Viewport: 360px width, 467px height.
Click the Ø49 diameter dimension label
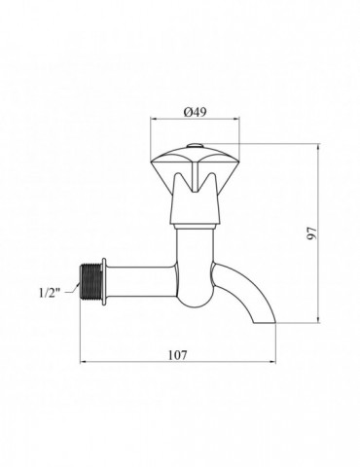point(195,112)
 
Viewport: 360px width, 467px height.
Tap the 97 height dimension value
point(312,233)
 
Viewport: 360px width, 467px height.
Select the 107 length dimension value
point(178,355)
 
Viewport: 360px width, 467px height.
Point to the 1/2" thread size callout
point(50,293)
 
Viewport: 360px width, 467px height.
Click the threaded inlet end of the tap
point(90,281)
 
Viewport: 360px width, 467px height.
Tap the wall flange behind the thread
point(104,281)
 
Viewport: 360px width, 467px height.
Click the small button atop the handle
point(195,146)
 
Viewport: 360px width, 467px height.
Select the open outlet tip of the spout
point(264,323)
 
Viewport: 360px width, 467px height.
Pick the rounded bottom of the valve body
point(195,299)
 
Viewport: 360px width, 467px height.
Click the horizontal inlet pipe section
point(141,281)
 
